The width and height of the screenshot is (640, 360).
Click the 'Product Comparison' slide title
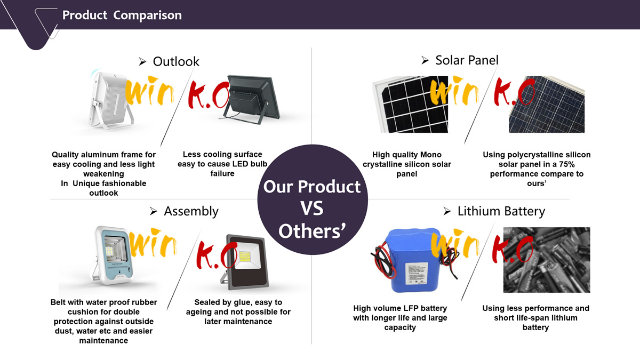click(122, 15)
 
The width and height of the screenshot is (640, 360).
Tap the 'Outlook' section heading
click(176, 61)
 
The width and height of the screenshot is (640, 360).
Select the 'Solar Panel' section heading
click(467, 60)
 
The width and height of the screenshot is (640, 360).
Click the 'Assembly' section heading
click(191, 211)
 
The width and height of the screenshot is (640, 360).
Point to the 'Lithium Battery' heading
click(501, 211)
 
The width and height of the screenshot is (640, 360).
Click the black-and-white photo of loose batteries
click(547, 260)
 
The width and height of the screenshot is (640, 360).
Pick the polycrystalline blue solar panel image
click(547, 105)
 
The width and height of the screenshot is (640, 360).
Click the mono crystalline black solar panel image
click(410, 105)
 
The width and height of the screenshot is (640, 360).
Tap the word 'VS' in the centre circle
click(312, 209)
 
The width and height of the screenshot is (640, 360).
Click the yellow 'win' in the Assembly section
click(153, 243)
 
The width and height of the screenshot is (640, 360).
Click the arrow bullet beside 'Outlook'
click(142, 61)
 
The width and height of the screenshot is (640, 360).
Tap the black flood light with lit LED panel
click(245, 262)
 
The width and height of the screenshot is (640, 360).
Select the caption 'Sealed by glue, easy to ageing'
click(238, 307)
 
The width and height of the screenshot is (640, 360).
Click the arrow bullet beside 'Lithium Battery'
click(447, 211)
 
